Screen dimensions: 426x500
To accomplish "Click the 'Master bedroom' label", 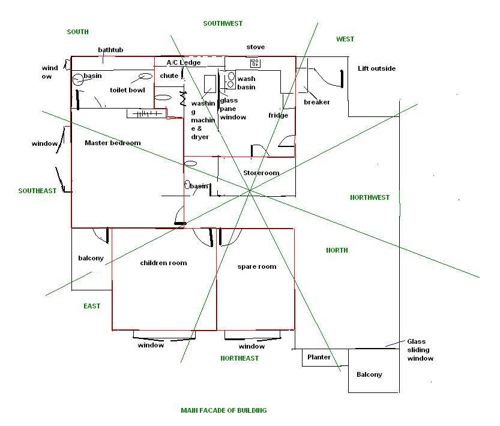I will coord(112,143).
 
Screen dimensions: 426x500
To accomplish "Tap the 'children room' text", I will coord(163,263).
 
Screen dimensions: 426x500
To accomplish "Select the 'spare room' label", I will coord(257,266).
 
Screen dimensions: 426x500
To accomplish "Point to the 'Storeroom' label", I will coord(261,173).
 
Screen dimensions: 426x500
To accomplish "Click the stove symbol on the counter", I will coord(255,62).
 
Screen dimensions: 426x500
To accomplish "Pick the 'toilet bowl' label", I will coord(127,90).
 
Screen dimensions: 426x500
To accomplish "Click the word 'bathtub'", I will coord(110,49).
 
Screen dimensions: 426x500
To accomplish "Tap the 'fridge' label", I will coord(278,115).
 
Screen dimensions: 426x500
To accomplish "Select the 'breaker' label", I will coord(317,102).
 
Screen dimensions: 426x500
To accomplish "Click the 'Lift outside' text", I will coord(376,68).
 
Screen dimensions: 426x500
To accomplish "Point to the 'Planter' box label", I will coord(319,357).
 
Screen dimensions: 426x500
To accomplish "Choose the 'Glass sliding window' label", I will coord(420,350).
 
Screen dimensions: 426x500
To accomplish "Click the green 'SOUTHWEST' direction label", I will coord(223,23).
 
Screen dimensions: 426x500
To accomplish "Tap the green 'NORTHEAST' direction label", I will coord(239,358).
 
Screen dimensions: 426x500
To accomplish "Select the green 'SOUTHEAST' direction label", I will coord(37,191).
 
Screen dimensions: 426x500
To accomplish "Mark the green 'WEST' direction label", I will coord(345,39).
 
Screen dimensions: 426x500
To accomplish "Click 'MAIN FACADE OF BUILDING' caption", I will coord(223,410).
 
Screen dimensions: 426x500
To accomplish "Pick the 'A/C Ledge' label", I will coord(183,62).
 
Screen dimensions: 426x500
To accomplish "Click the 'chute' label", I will coord(169,76).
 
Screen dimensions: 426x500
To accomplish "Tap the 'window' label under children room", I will coord(151,345).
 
